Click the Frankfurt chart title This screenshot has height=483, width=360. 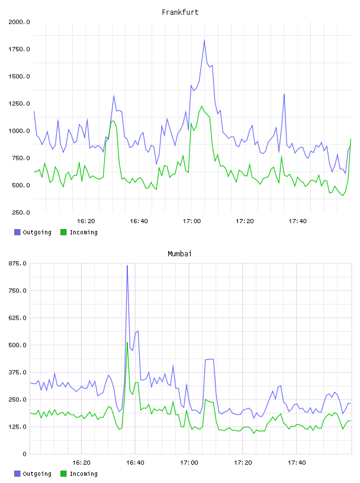tap(180, 12)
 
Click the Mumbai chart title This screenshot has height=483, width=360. tap(179, 254)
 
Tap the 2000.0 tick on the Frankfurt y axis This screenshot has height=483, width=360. tap(19, 22)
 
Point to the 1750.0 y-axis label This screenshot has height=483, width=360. tap(19, 49)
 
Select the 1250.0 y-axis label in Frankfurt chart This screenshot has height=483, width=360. tap(19, 104)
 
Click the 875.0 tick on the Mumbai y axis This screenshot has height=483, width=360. tap(17, 263)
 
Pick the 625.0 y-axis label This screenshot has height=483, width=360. tap(17, 318)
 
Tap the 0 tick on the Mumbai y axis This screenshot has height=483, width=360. tap(24, 454)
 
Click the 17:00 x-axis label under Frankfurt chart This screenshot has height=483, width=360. tap(192, 221)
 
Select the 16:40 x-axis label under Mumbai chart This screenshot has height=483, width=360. tap(135, 463)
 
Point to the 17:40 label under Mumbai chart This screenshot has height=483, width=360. tap(297, 463)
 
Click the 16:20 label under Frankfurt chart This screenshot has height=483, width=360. tap(86, 221)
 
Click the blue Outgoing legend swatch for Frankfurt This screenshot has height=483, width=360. tap(17, 232)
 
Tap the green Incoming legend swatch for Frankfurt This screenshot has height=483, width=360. tap(63, 232)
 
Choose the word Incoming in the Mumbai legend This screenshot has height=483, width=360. tap(83, 474)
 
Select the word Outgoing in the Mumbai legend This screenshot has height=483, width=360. tap(37, 474)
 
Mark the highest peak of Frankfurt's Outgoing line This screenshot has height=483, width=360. tap(204, 40)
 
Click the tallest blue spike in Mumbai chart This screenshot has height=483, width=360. tap(127, 266)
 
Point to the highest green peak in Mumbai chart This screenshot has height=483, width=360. tap(127, 342)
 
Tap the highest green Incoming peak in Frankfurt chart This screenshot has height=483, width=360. tap(202, 107)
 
